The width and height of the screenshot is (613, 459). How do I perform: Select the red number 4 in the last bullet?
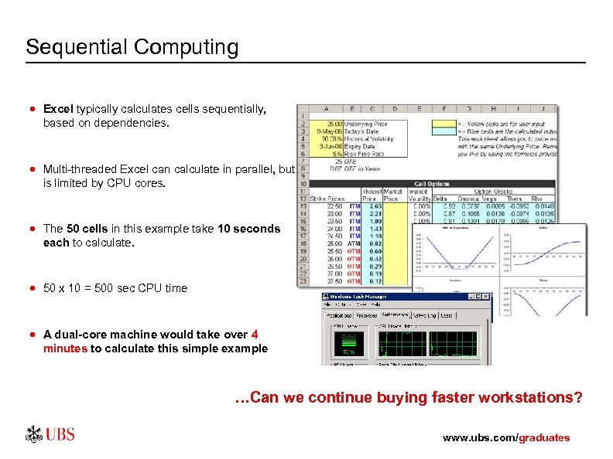pyautogui.click(x=255, y=335)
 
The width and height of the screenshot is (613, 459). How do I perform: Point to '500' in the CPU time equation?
pyautogui.click(x=104, y=288)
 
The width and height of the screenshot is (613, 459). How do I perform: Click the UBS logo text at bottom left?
pyautogui.click(x=60, y=434)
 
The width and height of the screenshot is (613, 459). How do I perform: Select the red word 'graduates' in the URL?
pyautogui.click(x=544, y=438)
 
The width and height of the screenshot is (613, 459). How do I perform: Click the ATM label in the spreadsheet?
pyautogui.click(x=354, y=243)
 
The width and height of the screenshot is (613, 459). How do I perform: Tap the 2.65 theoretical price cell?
pyautogui.click(x=375, y=206)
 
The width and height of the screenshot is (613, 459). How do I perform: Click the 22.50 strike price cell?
pyautogui.click(x=334, y=206)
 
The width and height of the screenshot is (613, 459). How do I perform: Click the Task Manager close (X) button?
pyautogui.click(x=485, y=297)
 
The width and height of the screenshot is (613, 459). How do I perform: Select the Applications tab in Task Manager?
pyautogui.click(x=339, y=315)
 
